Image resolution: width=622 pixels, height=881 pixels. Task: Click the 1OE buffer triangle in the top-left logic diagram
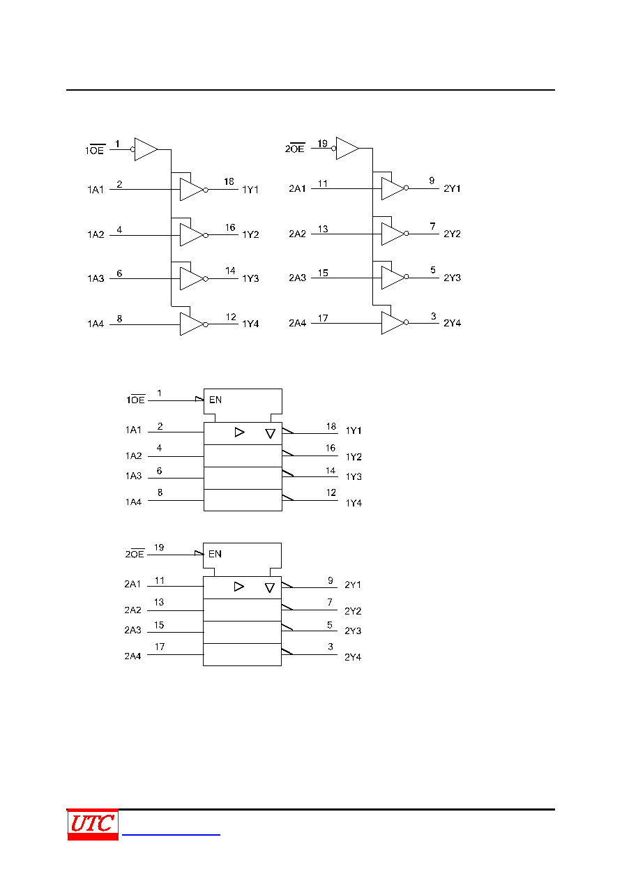click(x=146, y=149)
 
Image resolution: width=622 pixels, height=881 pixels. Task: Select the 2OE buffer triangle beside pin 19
click(x=347, y=149)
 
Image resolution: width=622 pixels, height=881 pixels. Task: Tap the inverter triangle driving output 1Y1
click(x=192, y=190)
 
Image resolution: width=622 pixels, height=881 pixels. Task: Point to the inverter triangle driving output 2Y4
click(x=393, y=323)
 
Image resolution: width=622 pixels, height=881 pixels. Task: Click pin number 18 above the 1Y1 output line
click(x=229, y=181)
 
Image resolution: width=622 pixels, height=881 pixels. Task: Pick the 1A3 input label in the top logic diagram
click(x=96, y=278)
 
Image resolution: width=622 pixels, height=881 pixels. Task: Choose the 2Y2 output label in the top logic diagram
click(x=452, y=234)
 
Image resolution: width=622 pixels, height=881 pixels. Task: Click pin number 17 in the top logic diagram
click(x=323, y=318)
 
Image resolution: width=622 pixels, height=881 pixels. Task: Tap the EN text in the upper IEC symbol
click(x=215, y=400)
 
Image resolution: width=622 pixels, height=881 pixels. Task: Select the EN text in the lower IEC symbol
click(x=215, y=554)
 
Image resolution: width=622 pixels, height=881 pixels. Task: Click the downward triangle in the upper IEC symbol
click(x=270, y=433)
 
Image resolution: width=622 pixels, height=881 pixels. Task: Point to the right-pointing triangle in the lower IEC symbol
click(x=238, y=587)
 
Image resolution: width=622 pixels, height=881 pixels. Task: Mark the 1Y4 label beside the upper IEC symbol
click(x=354, y=503)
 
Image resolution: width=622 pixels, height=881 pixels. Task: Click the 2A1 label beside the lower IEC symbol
click(x=132, y=584)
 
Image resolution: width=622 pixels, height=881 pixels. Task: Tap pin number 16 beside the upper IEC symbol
click(x=331, y=448)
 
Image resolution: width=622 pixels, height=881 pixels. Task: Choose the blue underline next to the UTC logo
click(x=171, y=834)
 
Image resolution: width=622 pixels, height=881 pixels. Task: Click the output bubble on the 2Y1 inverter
click(x=406, y=188)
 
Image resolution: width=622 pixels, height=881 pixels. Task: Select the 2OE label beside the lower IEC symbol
click(x=135, y=553)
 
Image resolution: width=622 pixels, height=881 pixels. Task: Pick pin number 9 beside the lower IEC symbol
click(x=331, y=580)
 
